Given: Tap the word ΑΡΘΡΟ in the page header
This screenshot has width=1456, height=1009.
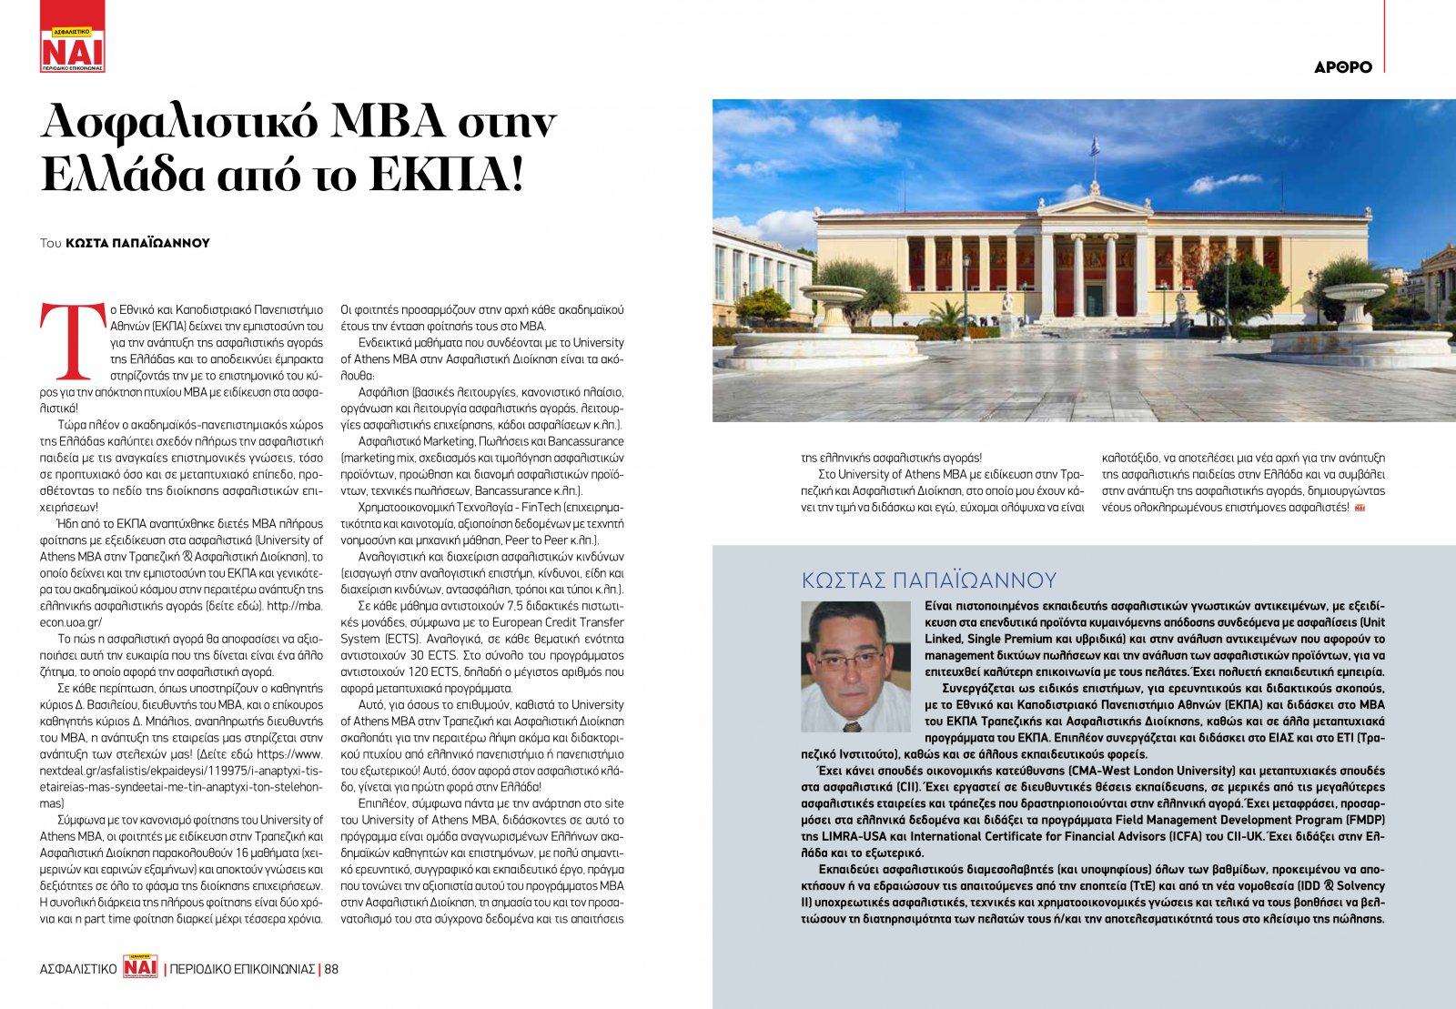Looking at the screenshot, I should point(1342,67).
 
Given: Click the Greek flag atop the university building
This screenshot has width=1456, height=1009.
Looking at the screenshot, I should point(1095,146).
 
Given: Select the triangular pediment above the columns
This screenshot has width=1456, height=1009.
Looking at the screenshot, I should point(1093,205).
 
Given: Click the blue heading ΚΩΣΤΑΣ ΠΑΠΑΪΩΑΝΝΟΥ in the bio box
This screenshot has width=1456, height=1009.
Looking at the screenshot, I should point(928,580).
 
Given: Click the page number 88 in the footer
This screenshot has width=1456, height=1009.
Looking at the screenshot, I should point(331,969).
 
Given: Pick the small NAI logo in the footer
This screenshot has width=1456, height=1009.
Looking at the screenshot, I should point(140,968).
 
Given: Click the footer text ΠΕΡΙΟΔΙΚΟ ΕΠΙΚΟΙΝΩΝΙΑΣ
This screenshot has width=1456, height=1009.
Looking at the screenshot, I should point(243,969).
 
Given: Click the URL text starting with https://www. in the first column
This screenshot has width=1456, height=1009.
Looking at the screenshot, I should point(290,753).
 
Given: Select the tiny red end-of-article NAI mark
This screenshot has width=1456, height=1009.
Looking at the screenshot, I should point(1360,508).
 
